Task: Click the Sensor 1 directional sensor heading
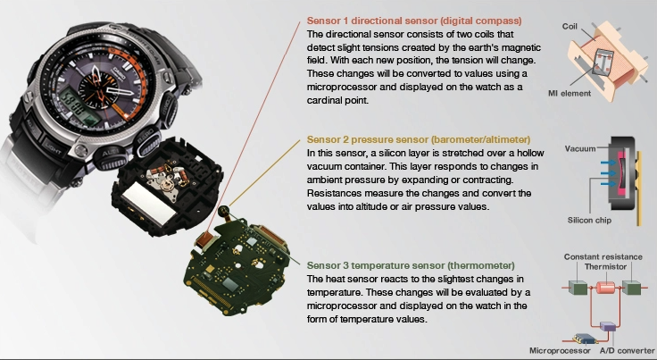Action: tap(414, 21)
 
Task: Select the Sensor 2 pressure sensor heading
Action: tap(418, 139)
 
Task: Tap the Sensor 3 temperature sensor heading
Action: tap(411, 265)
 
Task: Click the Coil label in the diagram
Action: tap(570, 27)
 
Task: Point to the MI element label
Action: tap(570, 93)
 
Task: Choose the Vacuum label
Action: tap(580, 148)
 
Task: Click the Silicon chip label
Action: tap(589, 220)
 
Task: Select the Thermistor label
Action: tap(605, 266)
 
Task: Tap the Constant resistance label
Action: tap(603, 256)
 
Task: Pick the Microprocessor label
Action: tap(560, 350)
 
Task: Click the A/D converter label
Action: tap(627, 350)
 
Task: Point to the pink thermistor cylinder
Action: tap(605, 288)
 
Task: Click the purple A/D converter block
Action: tap(608, 326)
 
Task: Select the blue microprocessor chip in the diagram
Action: tap(585, 339)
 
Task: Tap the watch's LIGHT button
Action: tap(53, 147)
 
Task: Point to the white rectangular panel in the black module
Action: tap(148, 205)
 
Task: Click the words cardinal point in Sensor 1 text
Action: tap(337, 100)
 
